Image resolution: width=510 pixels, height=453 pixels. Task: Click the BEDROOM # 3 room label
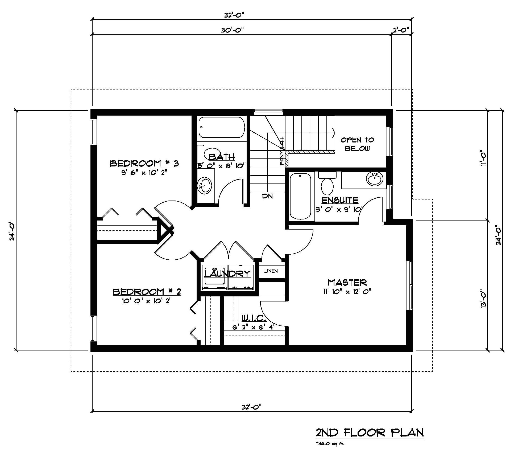(144, 163)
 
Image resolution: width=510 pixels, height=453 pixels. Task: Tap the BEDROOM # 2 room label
(147, 292)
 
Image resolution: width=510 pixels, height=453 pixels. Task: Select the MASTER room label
(347, 282)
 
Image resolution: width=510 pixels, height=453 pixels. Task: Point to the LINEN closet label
(271, 271)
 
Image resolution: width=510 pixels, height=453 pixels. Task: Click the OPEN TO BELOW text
(357, 144)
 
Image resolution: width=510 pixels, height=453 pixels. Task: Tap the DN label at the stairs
(267, 196)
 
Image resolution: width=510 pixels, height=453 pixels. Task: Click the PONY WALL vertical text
(282, 151)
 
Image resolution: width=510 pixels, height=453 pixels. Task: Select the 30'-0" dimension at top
(232, 30)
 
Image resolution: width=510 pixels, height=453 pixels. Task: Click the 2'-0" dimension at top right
(401, 30)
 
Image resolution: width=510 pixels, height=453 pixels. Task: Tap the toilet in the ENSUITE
(327, 185)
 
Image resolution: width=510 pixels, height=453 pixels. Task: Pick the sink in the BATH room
(204, 184)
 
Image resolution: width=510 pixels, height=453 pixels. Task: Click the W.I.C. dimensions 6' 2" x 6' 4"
(254, 327)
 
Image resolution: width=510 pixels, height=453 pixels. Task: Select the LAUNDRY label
(227, 274)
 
